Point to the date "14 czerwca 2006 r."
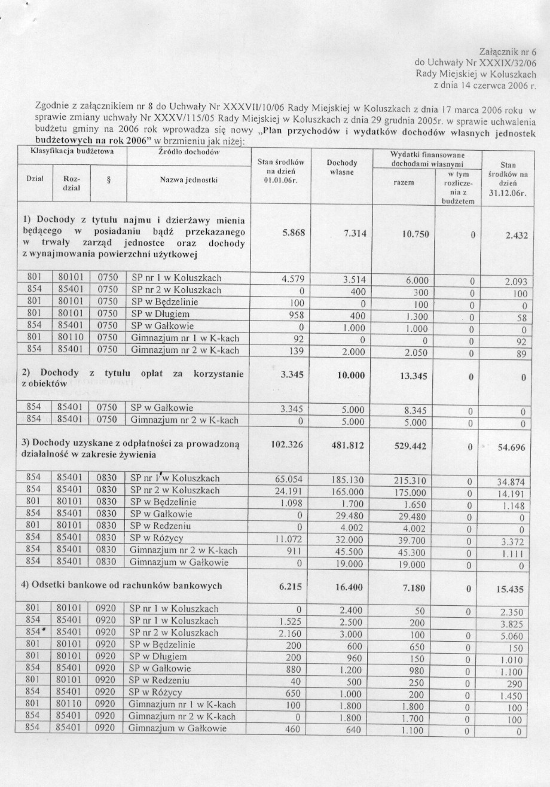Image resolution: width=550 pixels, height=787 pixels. (493, 85)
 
